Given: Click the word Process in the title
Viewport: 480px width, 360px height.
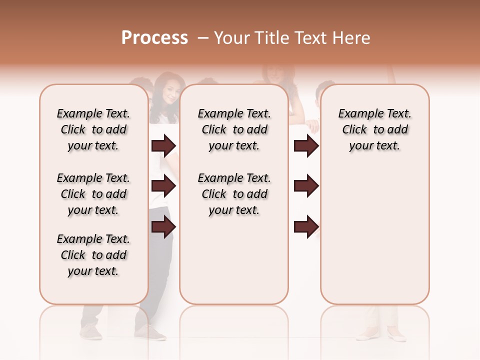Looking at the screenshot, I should (154, 37).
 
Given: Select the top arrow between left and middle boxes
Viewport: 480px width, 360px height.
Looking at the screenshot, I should (163, 146).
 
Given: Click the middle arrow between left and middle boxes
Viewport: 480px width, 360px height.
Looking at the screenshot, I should (163, 186).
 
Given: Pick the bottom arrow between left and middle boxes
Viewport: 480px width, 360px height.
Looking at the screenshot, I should (163, 227).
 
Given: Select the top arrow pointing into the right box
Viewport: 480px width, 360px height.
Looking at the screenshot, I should (306, 146).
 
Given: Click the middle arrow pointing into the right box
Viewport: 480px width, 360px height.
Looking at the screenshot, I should (306, 186).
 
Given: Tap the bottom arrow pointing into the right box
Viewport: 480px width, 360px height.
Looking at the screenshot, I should (306, 226).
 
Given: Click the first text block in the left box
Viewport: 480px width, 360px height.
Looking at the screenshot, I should (93, 129).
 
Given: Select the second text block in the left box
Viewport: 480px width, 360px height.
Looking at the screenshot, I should (93, 194).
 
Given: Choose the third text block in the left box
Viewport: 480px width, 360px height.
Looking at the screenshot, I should (93, 255).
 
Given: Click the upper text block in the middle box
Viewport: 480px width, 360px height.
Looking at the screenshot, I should (234, 129).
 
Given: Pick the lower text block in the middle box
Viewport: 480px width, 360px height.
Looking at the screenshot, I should (234, 194).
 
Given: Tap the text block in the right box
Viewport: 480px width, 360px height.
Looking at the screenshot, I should (375, 129).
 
